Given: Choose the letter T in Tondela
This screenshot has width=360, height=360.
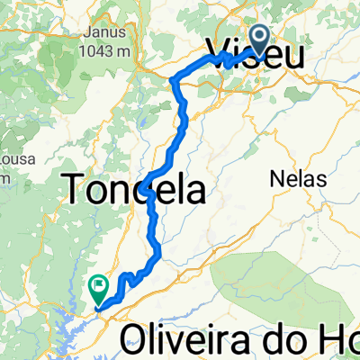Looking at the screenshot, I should tap(74, 189).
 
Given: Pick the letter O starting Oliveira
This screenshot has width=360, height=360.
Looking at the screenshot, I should tap(136, 339).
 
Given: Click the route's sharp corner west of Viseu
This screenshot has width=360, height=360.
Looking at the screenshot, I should tap(173, 80).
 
